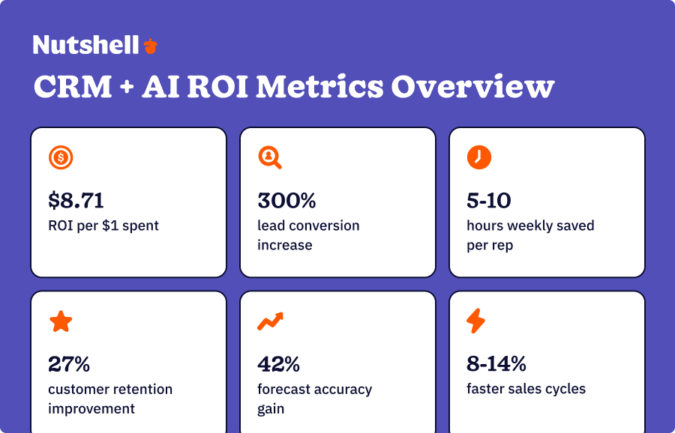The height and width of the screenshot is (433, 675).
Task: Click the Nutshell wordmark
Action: coord(85,45)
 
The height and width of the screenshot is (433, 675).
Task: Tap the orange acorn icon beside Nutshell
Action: coord(151,46)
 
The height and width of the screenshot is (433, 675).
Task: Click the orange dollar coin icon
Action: coord(61,157)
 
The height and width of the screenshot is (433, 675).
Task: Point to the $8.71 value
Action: coord(76,201)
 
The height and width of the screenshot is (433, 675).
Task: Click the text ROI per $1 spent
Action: coord(103,225)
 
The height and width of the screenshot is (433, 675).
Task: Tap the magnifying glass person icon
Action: coord(269,157)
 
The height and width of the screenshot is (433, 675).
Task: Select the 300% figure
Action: coord(286,201)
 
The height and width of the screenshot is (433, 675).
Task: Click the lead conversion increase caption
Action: coord(308,235)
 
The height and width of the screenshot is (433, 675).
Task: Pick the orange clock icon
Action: coord(478,157)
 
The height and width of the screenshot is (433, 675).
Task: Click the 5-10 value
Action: coord(489,201)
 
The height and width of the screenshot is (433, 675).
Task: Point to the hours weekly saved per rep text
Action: coord(529,235)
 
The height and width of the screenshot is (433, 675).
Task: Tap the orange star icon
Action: coord(61,321)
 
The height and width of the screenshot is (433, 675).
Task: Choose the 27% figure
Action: coord(69,365)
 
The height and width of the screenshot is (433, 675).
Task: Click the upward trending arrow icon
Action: coord(270,321)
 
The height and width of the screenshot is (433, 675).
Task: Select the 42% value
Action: coord(278,365)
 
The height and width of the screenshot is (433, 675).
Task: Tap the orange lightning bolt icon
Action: coord(476,321)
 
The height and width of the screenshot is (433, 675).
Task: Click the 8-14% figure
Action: coord(496,365)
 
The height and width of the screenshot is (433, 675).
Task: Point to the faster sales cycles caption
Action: coord(526,389)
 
